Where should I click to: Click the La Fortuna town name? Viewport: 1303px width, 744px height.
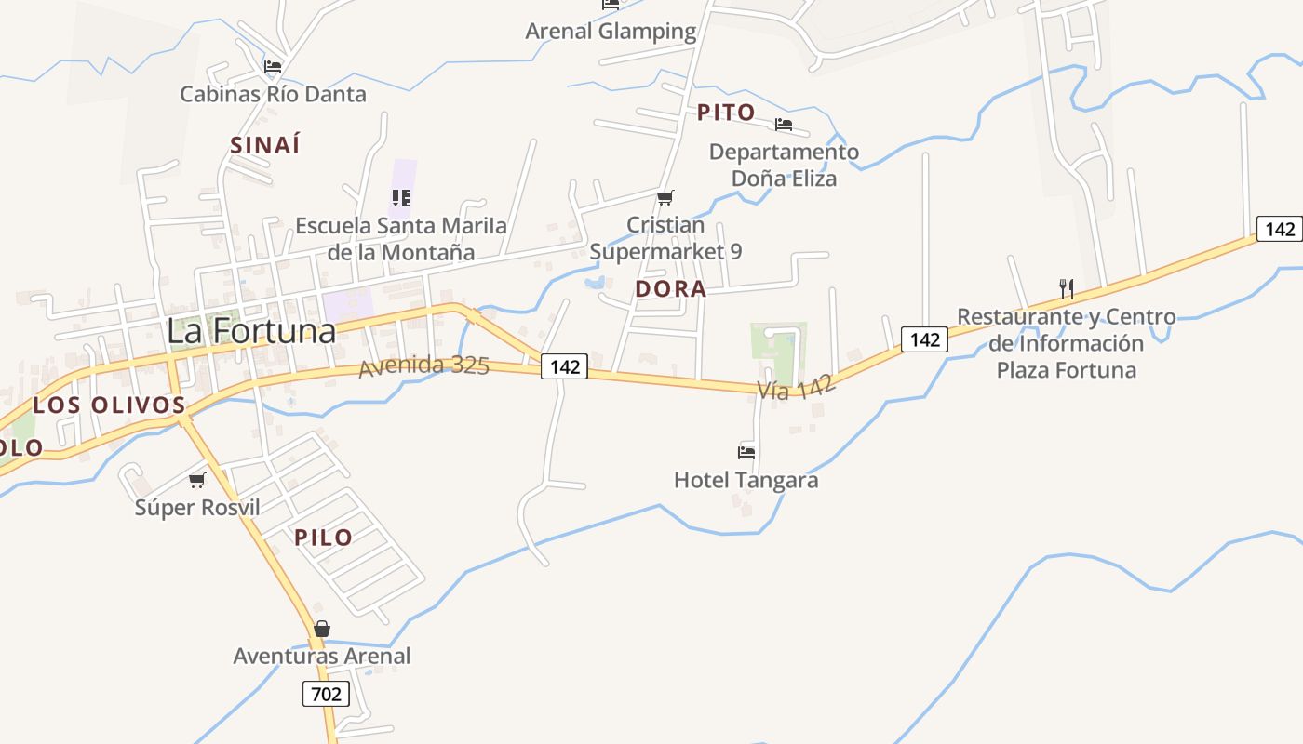coord(251,331)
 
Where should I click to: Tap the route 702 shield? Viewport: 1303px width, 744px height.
coord(326,693)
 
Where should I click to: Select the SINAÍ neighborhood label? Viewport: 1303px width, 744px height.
coord(265,145)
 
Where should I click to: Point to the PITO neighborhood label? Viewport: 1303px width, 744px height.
coord(726,113)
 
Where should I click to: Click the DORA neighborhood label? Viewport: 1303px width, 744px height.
coord(670,289)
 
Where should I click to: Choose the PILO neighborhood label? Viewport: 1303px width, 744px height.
coord(324,538)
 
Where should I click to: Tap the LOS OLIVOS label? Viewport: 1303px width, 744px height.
coord(110,405)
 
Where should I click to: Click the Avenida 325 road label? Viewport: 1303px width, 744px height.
coord(424,365)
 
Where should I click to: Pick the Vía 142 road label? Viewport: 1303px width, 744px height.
coord(796,387)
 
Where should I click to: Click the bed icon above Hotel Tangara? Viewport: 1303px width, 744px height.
coord(746,453)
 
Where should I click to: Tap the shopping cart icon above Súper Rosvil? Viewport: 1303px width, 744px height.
coord(196,481)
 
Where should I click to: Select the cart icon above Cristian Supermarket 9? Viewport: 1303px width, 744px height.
coord(665,198)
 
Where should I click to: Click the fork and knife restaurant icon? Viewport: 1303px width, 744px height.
coord(1067,289)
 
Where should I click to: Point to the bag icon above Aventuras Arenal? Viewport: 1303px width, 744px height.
coord(321,630)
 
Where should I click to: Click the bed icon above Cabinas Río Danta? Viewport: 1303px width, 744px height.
coord(273,67)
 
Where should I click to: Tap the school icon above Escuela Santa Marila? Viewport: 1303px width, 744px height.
coord(401,198)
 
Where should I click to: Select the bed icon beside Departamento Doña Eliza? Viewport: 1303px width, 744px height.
coord(784,125)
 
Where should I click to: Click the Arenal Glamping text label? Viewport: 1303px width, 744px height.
coord(611,32)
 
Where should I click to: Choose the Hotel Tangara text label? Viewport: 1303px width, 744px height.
coord(746,480)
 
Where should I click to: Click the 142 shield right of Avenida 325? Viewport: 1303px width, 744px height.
coord(565,367)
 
